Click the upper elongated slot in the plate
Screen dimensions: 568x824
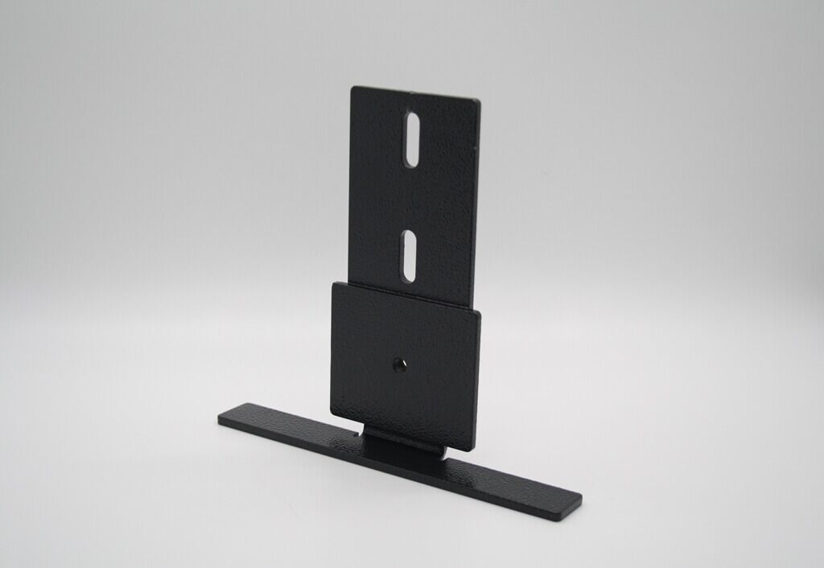[x=412, y=139]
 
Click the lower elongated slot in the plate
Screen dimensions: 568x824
[x=410, y=256]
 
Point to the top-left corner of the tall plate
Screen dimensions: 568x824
[x=352, y=88]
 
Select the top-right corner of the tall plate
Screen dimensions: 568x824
[x=480, y=101]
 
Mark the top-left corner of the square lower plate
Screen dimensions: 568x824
[x=332, y=282]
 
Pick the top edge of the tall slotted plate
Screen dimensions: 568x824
[x=416, y=93]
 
